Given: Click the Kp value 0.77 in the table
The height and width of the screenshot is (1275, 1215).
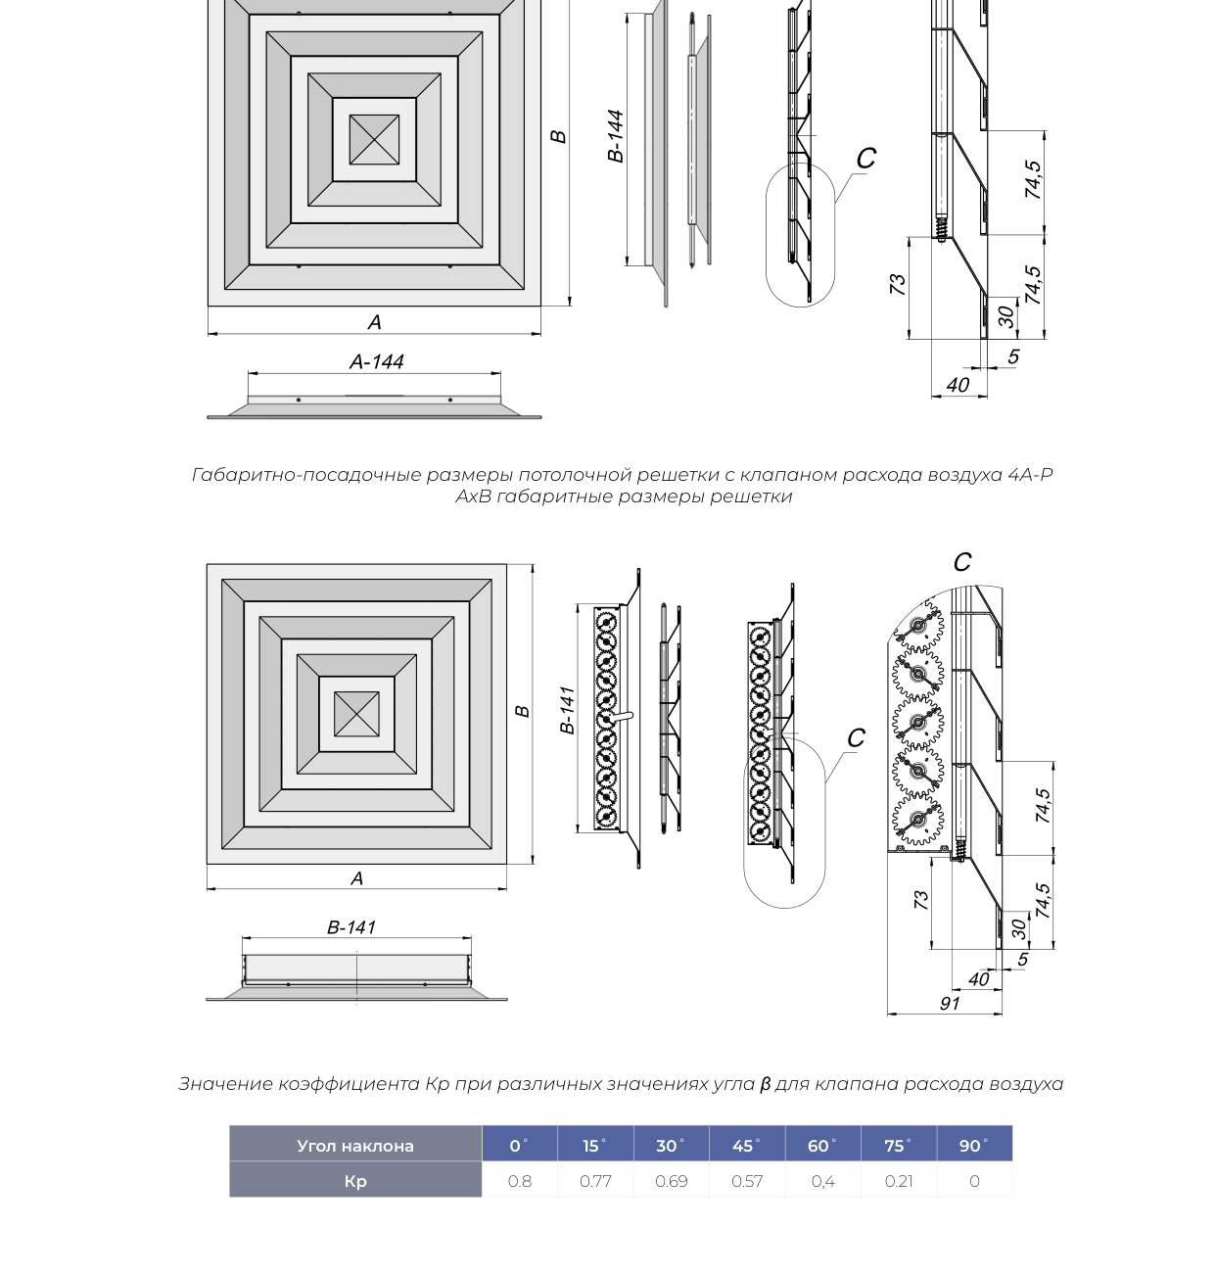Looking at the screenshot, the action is pos(595,1181).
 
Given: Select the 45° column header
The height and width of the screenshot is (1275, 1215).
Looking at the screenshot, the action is pos(746,1146).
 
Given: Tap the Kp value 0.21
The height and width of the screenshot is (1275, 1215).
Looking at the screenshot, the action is pos(899,1181).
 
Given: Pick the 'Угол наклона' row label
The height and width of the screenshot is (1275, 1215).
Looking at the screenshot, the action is pos(355,1146).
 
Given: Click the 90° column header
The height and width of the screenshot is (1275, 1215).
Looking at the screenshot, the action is pos(974,1146).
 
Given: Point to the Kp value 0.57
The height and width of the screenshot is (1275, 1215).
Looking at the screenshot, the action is pos(747,1181).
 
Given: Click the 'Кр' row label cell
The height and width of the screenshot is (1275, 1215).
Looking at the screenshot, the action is pos(355,1180).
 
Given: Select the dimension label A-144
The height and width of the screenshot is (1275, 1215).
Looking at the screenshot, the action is pos(377,361).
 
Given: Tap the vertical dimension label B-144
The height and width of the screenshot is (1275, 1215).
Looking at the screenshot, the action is pos(615,135).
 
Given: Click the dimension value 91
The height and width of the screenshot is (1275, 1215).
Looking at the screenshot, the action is pos(949,1004).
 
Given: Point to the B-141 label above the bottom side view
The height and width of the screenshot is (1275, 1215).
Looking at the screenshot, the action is pos(351,926).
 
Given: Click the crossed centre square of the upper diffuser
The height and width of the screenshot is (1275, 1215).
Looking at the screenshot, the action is pos(374,139).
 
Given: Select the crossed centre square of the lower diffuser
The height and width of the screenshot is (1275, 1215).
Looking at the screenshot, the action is pos(356,713).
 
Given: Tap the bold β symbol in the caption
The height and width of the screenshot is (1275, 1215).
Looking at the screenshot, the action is pos(765,1084).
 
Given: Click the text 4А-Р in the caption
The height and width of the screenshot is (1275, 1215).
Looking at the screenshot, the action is pos(1030,474).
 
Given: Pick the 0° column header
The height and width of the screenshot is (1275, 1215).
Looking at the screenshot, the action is pos(519,1146).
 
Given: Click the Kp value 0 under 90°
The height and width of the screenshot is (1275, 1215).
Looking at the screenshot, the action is pos(974,1181).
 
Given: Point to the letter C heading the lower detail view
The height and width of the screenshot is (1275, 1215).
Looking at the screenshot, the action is pos(962,562).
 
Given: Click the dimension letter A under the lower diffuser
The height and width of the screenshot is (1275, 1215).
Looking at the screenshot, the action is pos(356,878).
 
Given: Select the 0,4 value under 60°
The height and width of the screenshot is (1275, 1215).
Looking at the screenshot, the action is pos(822,1181).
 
